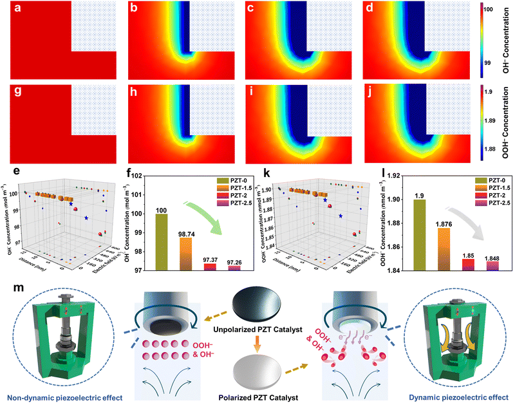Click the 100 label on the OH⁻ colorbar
pos(498,11)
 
